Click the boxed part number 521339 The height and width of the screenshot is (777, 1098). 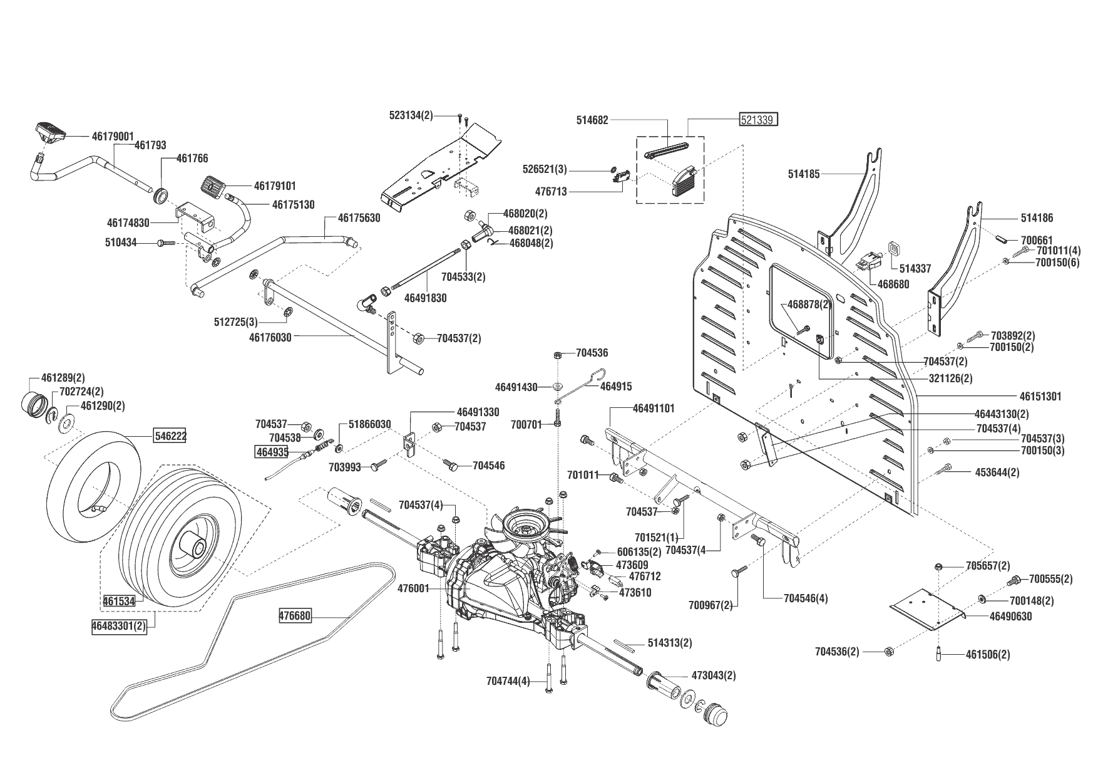click(759, 120)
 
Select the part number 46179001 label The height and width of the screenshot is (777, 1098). click(113, 135)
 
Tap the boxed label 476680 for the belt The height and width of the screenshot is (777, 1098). click(295, 616)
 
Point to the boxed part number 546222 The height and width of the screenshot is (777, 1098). click(171, 435)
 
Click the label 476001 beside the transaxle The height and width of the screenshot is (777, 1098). click(414, 588)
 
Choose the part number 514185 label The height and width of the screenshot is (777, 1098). click(804, 174)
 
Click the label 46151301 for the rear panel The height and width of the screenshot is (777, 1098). click(1040, 397)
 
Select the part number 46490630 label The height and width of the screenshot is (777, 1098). click(1011, 617)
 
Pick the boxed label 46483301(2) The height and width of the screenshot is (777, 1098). click(119, 626)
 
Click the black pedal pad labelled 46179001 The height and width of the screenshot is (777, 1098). click(49, 131)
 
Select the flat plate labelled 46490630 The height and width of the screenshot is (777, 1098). click(926, 607)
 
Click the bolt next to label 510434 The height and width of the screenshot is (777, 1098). click(167, 243)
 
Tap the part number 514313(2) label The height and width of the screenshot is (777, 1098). click(670, 644)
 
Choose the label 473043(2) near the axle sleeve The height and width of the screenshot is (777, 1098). click(714, 675)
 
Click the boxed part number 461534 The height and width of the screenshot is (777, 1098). click(119, 602)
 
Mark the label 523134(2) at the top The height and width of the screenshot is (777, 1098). click(411, 115)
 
